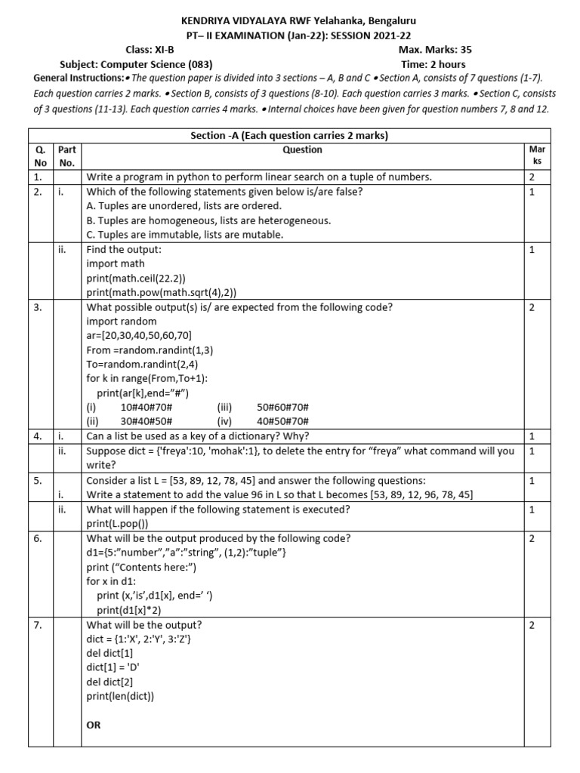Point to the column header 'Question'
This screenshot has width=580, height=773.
tap(302, 150)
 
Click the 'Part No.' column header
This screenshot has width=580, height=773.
tap(67, 156)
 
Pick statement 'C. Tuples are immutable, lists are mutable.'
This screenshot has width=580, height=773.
tap(185, 235)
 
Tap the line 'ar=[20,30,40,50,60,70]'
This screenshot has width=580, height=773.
tap(137, 335)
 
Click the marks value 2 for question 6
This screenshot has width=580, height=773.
tap(532, 538)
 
